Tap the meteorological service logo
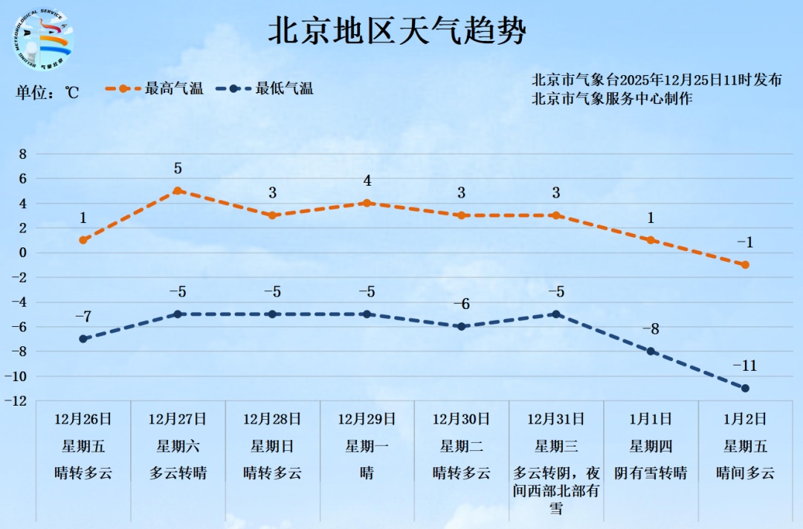coord(44,41)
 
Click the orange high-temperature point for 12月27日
coord(178,191)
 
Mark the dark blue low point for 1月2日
coord(745,388)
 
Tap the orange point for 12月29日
coord(367,203)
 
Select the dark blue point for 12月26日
coord(83,339)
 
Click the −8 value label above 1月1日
coord(651,330)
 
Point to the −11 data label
coord(745,366)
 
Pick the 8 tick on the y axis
coord(22,154)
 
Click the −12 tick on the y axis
coord(18,401)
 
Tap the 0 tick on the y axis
coord(22,253)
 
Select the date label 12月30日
coord(461,419)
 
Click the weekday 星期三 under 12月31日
coord(556,447)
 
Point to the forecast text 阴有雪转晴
coord(651,473)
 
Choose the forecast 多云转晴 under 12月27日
coord(178,473)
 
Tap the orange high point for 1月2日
coord(745,264)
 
